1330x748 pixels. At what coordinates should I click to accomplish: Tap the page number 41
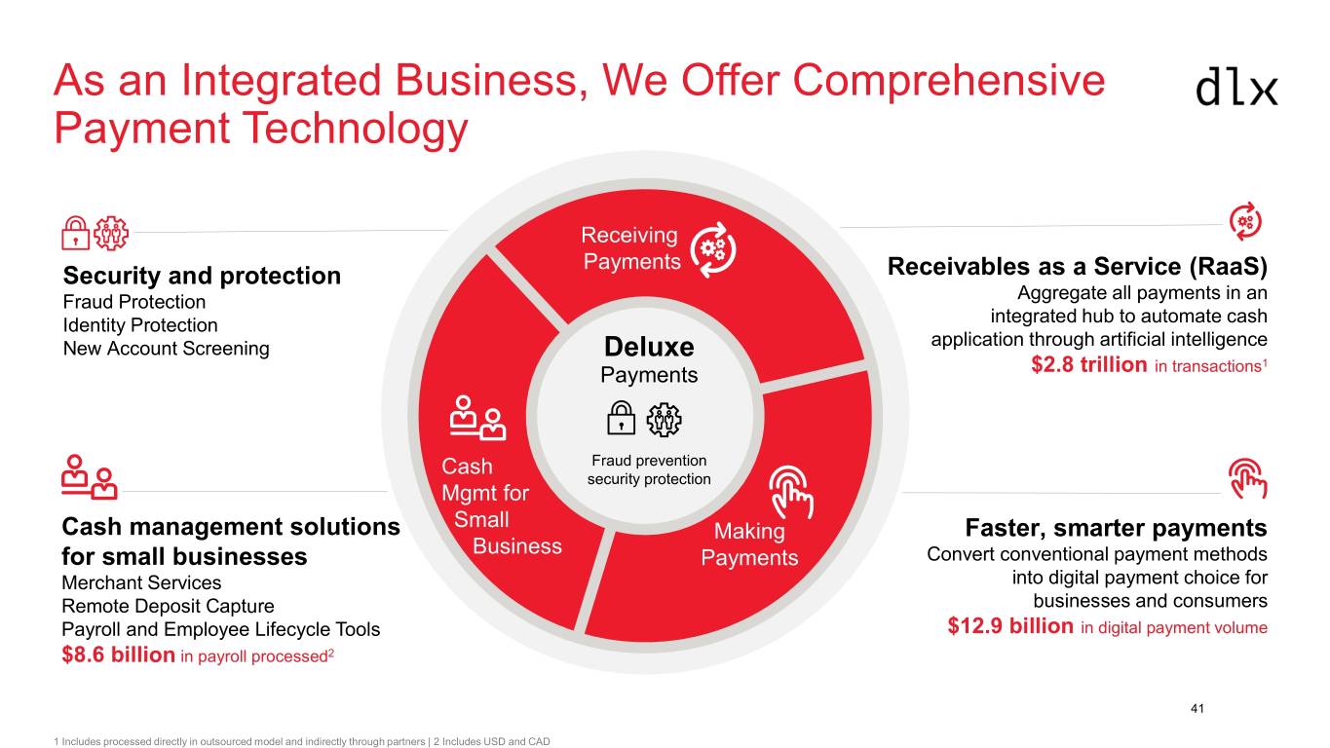1197,708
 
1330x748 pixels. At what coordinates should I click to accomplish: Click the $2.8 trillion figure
1089,364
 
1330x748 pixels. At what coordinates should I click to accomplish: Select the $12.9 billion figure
1010,625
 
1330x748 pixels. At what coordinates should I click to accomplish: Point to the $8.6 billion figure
118,654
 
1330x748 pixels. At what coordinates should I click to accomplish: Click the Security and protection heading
202,276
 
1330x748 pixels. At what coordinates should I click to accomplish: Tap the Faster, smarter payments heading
1116,527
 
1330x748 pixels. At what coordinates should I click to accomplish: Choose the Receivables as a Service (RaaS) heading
1077,267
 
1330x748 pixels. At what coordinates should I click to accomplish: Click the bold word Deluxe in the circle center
649,347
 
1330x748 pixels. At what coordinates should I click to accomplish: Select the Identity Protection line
140,325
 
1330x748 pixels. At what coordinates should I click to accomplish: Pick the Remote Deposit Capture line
168,606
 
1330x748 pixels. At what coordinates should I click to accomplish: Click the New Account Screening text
167,349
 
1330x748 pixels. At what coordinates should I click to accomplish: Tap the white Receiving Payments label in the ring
630,248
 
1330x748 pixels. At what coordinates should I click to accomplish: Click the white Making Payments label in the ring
749,544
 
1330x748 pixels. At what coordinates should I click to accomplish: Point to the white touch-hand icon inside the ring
791,492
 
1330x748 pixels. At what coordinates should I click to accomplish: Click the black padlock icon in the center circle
621,418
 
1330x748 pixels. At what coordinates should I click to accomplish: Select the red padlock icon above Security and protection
75,233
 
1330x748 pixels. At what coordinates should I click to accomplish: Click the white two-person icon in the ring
477,418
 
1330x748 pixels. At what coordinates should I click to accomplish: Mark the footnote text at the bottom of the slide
302,741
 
